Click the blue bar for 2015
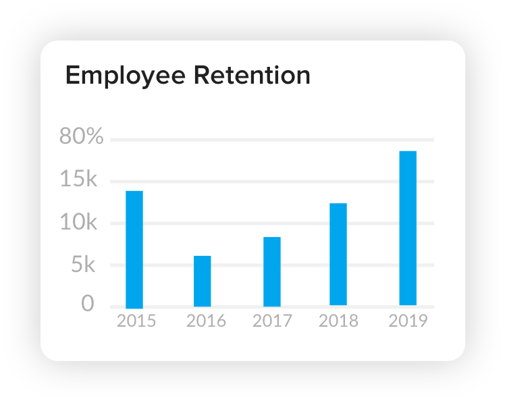pos(134,249)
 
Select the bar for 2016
pos(203,281)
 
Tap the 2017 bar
pos(272,271)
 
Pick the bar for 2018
pos(338,255)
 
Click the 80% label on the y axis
pos(82,137)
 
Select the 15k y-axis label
pos(79,180)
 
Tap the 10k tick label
pos(79,223)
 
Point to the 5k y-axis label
pos(82,265)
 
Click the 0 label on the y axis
pos(88,304)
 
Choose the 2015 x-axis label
pos(136,321)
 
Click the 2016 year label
pos(206,321)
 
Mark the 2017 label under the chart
pos(272,321)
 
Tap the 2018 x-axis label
pos(339,321)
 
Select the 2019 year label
pos(408,321)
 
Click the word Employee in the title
pos(124,76)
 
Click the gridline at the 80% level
pos(270,140)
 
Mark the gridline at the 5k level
pos(236,265)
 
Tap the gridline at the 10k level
pos(236,223)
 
